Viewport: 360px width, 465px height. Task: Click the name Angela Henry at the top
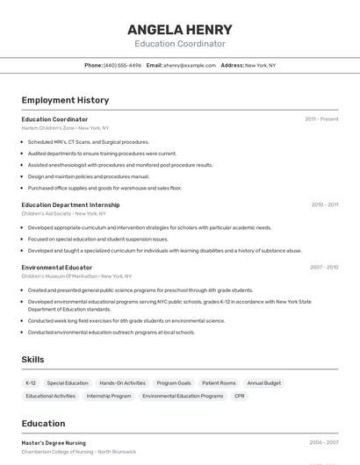pyautogui.click(x=179, y=29)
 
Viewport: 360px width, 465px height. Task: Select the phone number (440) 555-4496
pyautogui.click(x=122, y=65)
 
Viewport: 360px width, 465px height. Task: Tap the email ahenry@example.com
pyautogui.click(x=189, y=65)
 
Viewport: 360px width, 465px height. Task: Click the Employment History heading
pyautogui.click(x=65, y=100)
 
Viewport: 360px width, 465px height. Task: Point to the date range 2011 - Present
pyautogui.click(x=321, y=118)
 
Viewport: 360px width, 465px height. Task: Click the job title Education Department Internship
pyautogui.click(x=70, y=204)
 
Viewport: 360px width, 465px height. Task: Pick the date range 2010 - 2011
pyautogui.click(x=324, y=204)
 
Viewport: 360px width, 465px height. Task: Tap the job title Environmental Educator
pyautogui.click(x=56, y=267)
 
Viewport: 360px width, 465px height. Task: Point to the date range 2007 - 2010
pyautogui.click(x=324, y=267)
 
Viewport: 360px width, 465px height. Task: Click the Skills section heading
pyautogui.click(x=32, y=360)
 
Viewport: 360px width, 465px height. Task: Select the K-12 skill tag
pyautogui.click(x=31, y=383)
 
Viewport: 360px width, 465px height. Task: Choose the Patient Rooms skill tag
pyautogui.click(x=219, y=383)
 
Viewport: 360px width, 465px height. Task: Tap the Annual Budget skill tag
pyautogui.click(x=263, y=383)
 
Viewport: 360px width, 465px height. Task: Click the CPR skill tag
pyautogui.click(x=240, y=396)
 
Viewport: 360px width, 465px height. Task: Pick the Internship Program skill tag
pyautogui.click(x=109, y=396)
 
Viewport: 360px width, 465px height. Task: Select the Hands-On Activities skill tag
pyautogui.click(x=122, y=383)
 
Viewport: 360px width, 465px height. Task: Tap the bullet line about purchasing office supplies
pyautogui.click(x=104, y=188)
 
